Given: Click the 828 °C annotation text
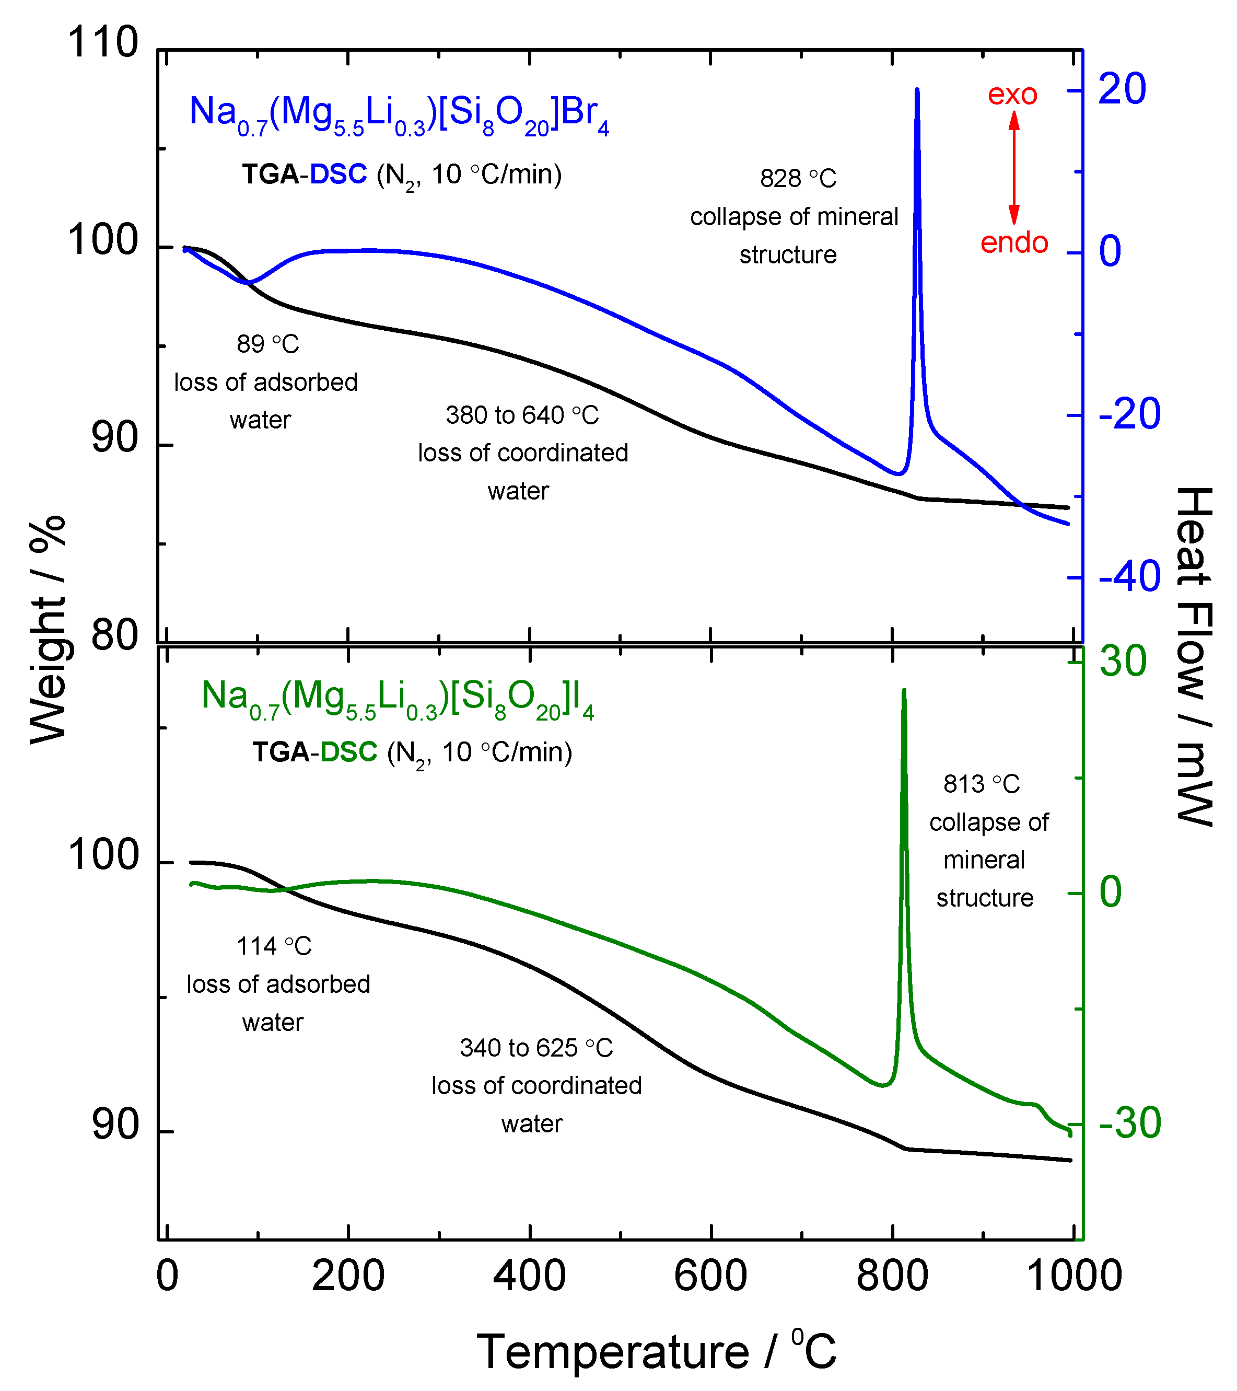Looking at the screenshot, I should tap(798, 178).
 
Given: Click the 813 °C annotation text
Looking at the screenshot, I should tap(981, 784).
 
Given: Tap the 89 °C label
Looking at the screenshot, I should tap(267, 344).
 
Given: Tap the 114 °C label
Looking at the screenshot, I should tap(274, 946).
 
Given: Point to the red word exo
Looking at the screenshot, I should tap(1012, 95).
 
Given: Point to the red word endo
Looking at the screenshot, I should tap(1014, 243).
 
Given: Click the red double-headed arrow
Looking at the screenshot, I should tap(1014, 167).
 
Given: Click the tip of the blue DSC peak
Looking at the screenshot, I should tap(917, 90).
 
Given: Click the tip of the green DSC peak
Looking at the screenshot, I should tap(904, 691).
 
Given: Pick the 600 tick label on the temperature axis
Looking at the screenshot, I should tap(710, 1276).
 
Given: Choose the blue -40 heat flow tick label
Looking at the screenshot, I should tap(1129, 577).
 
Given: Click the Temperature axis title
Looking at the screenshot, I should tap(656, 1351).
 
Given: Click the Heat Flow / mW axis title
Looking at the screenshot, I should tap(1194, 657).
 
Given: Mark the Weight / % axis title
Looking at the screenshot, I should tap(48, 630).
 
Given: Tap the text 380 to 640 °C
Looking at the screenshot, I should tap(522, 415).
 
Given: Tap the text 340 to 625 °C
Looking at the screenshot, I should tap(536, 1048).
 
